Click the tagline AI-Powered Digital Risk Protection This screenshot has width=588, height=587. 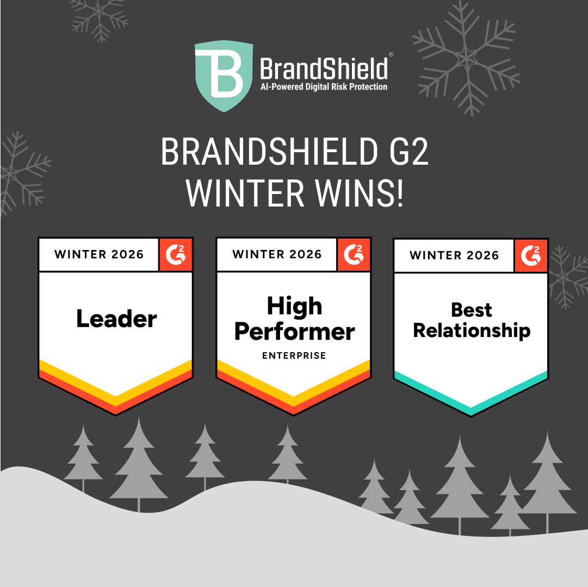click(324, 87)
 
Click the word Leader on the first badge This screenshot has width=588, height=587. click(116, 319)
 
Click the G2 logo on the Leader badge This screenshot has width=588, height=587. click(176, 254)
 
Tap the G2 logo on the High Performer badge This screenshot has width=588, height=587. click(354, 254)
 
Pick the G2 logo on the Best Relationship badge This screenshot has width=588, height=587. click(531, 255)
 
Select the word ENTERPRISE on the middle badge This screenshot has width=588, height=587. click(294, 356)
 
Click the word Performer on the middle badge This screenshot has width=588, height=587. click(294, 332)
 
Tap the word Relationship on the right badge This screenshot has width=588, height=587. click(472, 330)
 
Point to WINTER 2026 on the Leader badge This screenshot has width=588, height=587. click(99, 254)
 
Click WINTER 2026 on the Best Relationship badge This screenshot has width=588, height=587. click(454, 255)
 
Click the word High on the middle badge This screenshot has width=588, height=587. click(294, 307)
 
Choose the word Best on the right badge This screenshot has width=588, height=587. click(472, 310)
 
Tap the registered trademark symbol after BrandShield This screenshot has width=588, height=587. click(391, 55)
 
